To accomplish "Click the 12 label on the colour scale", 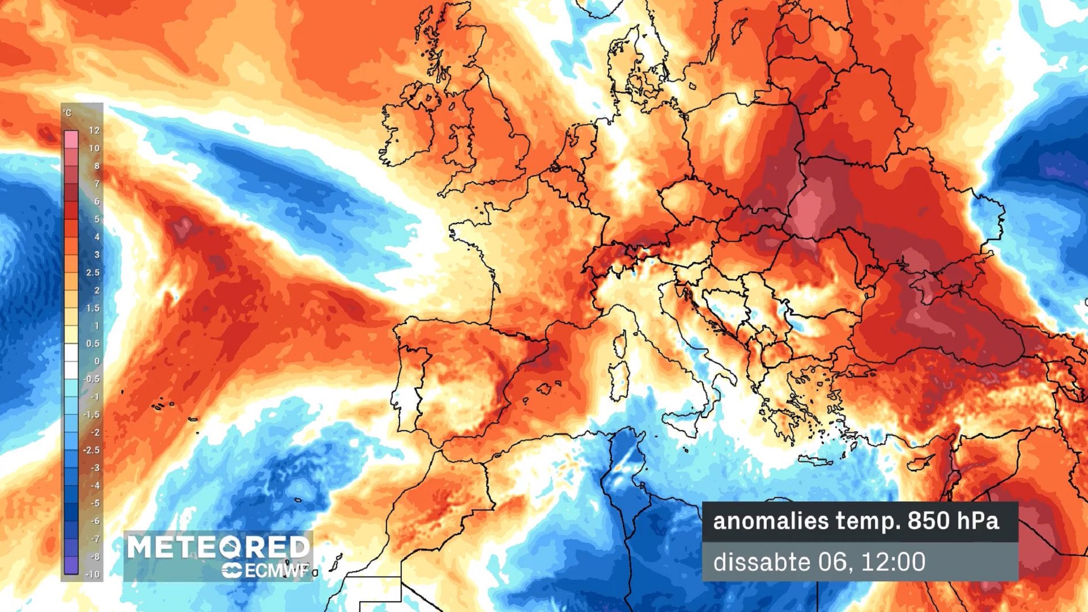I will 94,130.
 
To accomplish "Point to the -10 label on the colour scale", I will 92,574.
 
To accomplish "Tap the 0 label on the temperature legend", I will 97,361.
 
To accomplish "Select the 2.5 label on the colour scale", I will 92,273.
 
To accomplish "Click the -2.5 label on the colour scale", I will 91,450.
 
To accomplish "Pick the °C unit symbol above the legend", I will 68,113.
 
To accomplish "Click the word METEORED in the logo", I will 218,547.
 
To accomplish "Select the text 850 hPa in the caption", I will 953,521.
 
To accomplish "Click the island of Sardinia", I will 619,380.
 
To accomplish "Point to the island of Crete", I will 816,461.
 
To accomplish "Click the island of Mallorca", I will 545,389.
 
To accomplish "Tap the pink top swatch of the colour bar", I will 71,139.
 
